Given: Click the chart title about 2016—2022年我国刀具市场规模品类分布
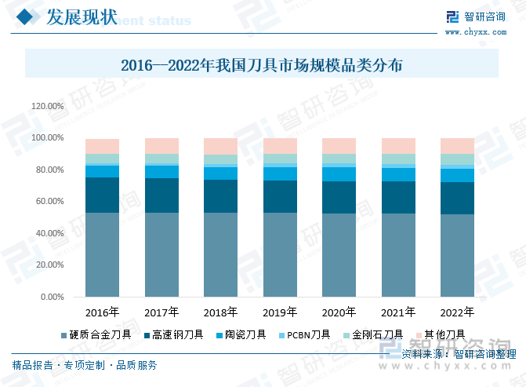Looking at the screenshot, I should [x=262, y=65].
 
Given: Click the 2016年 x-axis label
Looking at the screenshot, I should [x=102, y=312].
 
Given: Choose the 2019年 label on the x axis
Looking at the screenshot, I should [x=280, y=312].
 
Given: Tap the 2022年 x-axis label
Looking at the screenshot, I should [x=457, y=312].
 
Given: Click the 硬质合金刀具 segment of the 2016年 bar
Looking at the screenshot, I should [x=103, y=254].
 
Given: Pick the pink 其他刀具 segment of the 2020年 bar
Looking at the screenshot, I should [x=339, y=145].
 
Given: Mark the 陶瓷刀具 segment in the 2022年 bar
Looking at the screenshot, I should [x=457, y=175].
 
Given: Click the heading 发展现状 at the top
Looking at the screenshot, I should [x=82, y=16].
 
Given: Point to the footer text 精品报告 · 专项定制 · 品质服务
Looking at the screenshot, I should [x=85, y=365].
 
